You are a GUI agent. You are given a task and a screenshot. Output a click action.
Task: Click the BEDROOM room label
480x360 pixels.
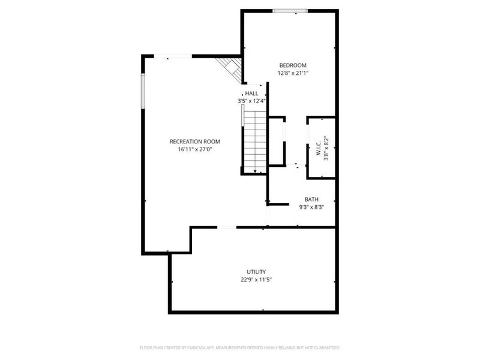(x=293, y=65)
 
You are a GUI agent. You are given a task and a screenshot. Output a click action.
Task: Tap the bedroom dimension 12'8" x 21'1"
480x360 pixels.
(x=293, y=73)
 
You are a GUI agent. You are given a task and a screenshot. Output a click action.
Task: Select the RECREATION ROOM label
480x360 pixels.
(x=195, y=142)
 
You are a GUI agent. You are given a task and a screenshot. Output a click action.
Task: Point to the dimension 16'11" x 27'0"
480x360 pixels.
(x=195, y=149)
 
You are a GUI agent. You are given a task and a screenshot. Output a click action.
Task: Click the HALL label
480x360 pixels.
(x=252, y=94)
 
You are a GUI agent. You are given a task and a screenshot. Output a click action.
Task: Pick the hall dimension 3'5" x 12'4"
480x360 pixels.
(x=251, y=101)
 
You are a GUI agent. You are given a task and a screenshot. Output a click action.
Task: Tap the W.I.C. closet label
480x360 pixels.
(x=319, y=148)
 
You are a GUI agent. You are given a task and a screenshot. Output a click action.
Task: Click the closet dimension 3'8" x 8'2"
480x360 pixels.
(x=326, y=148)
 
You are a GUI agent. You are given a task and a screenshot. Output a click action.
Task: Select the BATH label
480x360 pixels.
(x=311, y=199)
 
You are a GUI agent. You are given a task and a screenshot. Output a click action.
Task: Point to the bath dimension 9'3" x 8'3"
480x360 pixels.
(x=311, y=207)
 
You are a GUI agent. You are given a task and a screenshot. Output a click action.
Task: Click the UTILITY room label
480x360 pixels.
(x=256, y=272)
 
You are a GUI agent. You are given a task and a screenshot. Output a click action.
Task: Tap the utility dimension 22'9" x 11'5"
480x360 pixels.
(x=256, y=280)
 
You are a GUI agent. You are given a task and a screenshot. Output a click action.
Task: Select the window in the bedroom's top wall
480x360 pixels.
(x=290, y=11)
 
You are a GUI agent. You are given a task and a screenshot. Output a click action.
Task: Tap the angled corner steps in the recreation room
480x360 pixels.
(x=230, y=68)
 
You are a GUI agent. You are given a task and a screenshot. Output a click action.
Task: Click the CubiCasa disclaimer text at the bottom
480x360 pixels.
(x=240, y=347)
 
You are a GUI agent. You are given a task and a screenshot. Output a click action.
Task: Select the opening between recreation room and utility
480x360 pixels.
(x=226, y=227)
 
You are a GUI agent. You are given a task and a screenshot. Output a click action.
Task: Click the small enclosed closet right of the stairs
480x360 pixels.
(x=275, y=141)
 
